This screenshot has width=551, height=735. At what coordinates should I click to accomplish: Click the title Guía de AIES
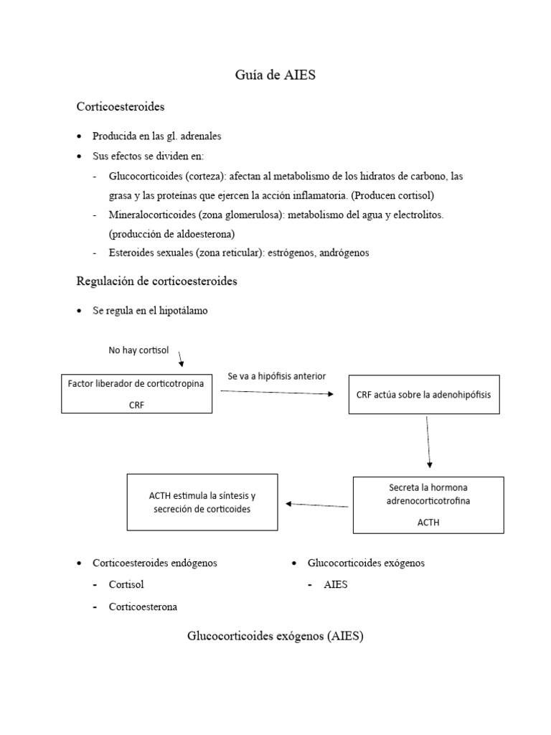[x=275, y=75]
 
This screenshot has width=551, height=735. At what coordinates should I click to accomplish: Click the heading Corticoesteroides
[x=121, y=107]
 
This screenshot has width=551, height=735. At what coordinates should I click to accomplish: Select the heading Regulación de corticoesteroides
[x=156, y=281]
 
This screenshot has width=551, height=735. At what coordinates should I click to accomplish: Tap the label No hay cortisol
[x=138, y=350]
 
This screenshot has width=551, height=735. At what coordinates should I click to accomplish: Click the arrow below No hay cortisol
[x=180, y=357]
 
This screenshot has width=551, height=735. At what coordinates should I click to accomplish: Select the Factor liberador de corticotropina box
[x=136, y=393]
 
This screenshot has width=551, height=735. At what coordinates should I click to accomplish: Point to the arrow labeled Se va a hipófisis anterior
[x=276, y=392]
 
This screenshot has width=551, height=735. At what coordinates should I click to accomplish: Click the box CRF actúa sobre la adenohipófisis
[x=423, y=395]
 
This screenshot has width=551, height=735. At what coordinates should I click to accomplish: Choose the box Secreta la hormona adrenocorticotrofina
[x=428, y=505]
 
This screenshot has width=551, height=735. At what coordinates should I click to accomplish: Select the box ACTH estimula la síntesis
[x=202, y=502]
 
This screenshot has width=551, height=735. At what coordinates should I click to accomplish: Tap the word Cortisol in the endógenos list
[x=126, y=585]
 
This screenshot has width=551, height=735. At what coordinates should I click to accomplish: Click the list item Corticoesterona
[x=143, y=607]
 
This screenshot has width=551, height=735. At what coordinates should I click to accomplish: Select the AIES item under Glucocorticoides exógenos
[x=335, y=585]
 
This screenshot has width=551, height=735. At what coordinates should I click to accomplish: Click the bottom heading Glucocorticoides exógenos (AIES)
[x=275, y=636]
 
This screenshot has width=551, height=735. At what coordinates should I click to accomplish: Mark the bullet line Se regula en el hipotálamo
[x=150, y=311]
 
